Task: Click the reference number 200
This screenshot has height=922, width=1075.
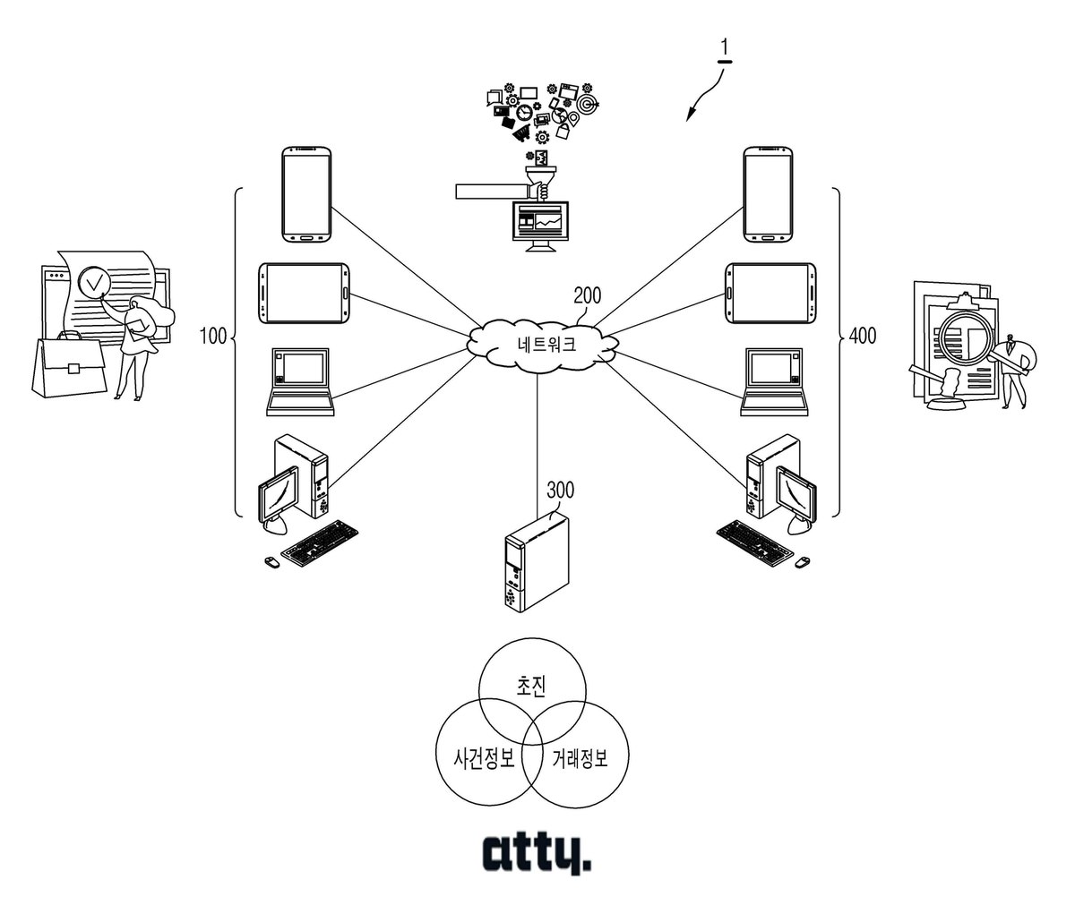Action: click(587, 295)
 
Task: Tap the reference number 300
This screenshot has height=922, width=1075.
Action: click(560, 491)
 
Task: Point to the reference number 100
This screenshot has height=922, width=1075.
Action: click(213, 337)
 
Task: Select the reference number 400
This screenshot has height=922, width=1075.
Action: click(863, 336)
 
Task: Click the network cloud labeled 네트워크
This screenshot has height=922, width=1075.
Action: click(543, 346)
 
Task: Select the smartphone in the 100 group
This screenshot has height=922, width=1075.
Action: click(306, 194)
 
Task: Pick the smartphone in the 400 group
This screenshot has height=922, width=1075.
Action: click(768, 194)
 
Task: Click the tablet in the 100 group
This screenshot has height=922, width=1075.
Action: click(304, 294)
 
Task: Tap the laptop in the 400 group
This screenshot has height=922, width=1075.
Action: click(774, 382)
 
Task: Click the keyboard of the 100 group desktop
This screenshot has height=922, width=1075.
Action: click(319, 543)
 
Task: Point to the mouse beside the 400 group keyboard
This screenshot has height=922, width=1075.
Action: click(802, 562)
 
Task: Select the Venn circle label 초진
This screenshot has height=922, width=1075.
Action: click(531, 686)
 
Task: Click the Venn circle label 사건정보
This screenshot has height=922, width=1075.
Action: click(484, 758)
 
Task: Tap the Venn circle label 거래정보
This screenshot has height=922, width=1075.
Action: click(580, 758)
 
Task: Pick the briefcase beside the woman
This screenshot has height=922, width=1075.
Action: click(69, 365)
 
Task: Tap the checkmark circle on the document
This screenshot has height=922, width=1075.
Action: click(94, 283)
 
